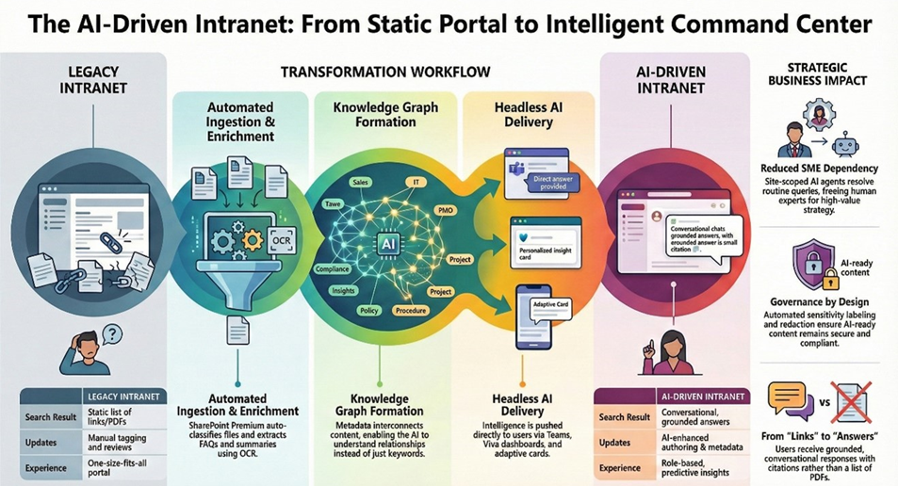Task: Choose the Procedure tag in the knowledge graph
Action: tap(411, 309)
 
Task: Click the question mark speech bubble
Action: tap(112, 333)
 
